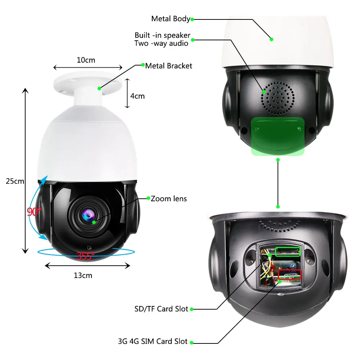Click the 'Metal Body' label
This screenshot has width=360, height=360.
tap(170, 19)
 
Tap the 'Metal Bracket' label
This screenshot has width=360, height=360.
tap(168, 66)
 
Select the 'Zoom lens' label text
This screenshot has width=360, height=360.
tap(168, 198)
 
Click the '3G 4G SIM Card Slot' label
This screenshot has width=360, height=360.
tap(153, 341)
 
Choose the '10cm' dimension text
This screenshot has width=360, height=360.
tap(86, 60)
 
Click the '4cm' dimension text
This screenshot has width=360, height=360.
tap(137, 96)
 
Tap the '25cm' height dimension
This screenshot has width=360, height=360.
tap(15, 181)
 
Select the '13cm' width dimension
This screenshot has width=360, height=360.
tap(83, 275)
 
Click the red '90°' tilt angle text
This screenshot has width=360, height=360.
tap(34, 212)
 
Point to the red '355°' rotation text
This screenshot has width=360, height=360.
tap(85, 256)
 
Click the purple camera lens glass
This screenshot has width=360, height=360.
tap(89, 215)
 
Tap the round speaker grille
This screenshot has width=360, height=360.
tap(278, 98)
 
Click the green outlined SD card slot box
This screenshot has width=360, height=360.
tap(288, 252)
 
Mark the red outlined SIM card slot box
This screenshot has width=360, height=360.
tap(289, 275)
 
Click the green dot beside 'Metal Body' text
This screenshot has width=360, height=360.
tap(192, 19)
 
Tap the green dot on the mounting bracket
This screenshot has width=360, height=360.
tap(99, 87)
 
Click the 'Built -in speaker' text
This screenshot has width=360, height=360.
tap(162, 35)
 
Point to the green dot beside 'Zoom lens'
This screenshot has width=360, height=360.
tap(148, 198)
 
